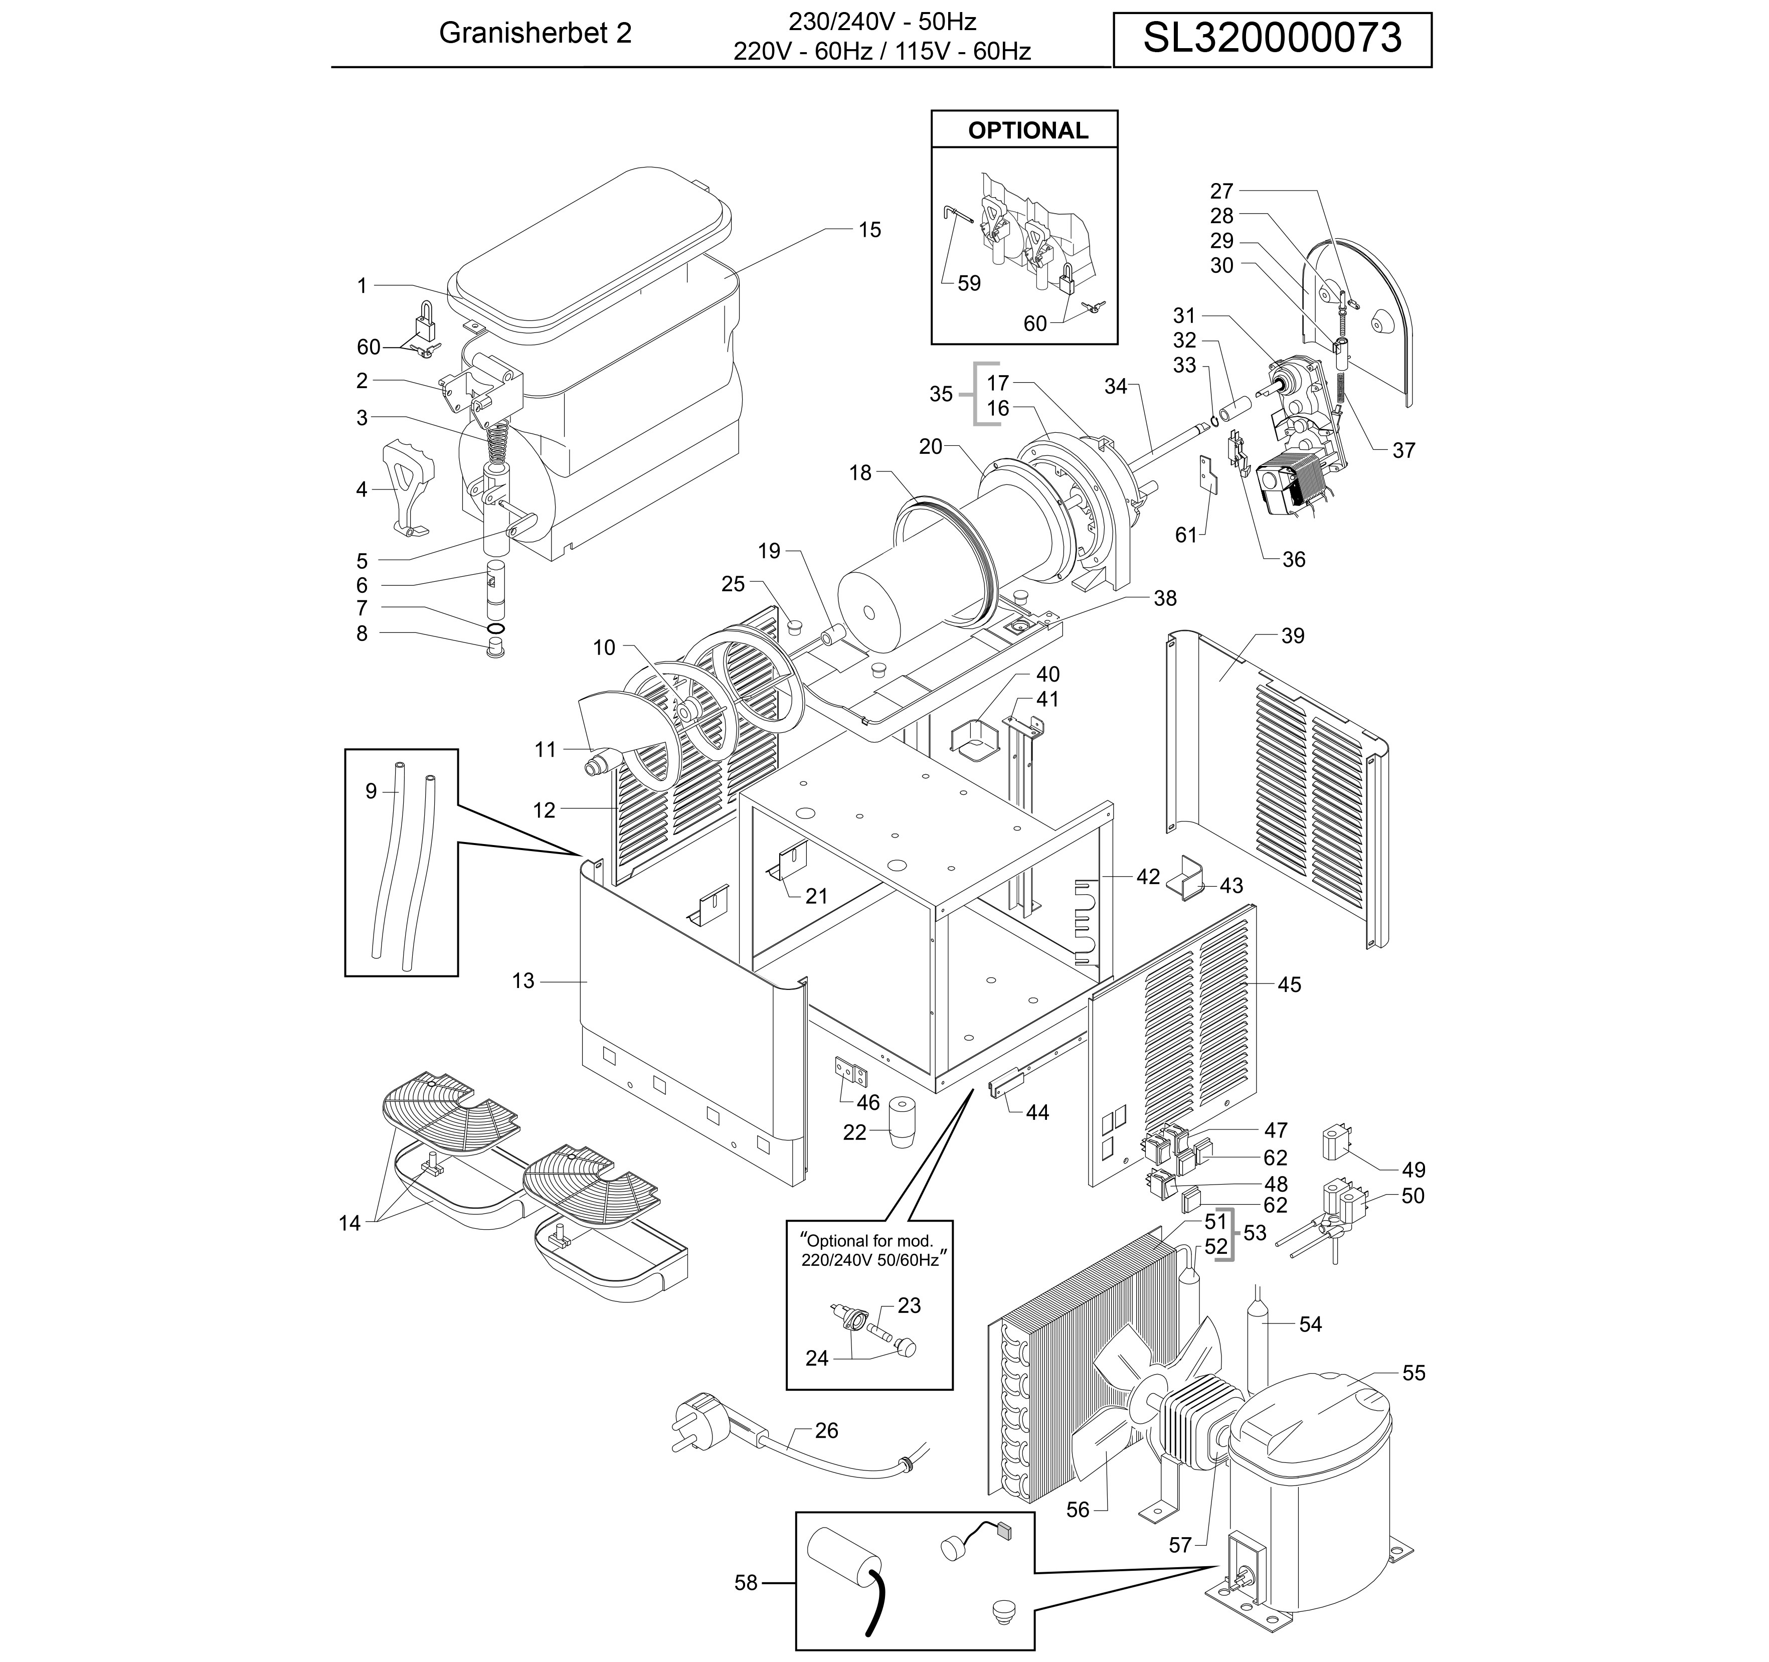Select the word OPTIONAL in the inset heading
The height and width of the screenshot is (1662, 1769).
tap(1028, 131)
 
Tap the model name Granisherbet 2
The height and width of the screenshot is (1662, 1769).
tap(536, 33)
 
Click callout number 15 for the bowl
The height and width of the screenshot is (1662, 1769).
tap(869, 230)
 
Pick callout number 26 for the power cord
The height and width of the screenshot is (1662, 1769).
tap(827, 1430)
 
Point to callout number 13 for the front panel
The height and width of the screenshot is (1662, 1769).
tap(523, 981)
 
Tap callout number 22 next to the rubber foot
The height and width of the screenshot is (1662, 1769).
tap(854, 1133)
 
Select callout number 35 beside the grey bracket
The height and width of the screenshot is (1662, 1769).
tap(941, 394)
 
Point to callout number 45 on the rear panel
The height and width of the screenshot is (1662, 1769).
tap(1289, 984)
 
